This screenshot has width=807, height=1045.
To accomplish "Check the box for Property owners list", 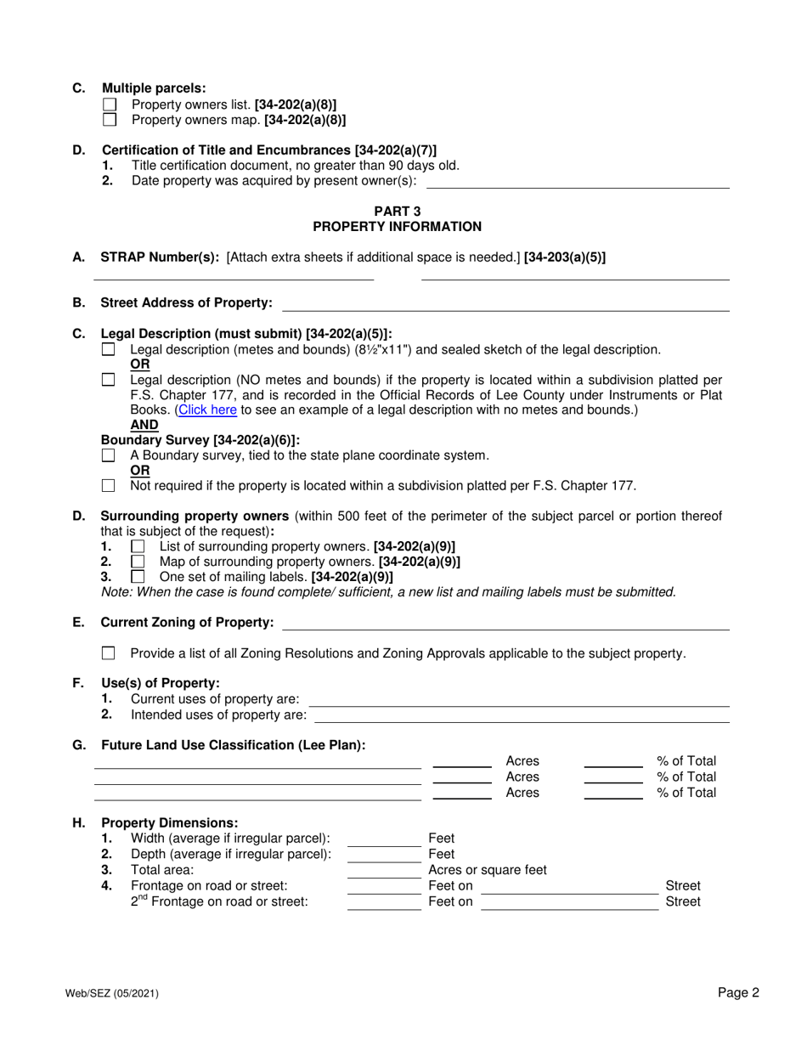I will [109, 105].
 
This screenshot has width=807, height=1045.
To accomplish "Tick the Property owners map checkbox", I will [109, 120].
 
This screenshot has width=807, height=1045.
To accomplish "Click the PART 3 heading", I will [397, 212].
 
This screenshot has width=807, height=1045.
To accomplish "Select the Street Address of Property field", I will [505, 303].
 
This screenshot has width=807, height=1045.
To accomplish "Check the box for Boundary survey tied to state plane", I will [108, 455].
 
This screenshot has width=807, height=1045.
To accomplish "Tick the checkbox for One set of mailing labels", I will [138, 577].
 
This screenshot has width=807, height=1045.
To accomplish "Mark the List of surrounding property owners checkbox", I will [138, 546].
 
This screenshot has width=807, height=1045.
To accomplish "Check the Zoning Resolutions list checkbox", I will [108, 653].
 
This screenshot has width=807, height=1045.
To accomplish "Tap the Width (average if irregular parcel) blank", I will [384, 839].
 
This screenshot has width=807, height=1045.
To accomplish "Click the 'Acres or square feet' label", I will [488, 870].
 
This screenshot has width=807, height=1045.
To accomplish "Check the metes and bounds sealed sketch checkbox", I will [108, 349].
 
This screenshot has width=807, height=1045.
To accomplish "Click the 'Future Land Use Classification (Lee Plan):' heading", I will [233, 745].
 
